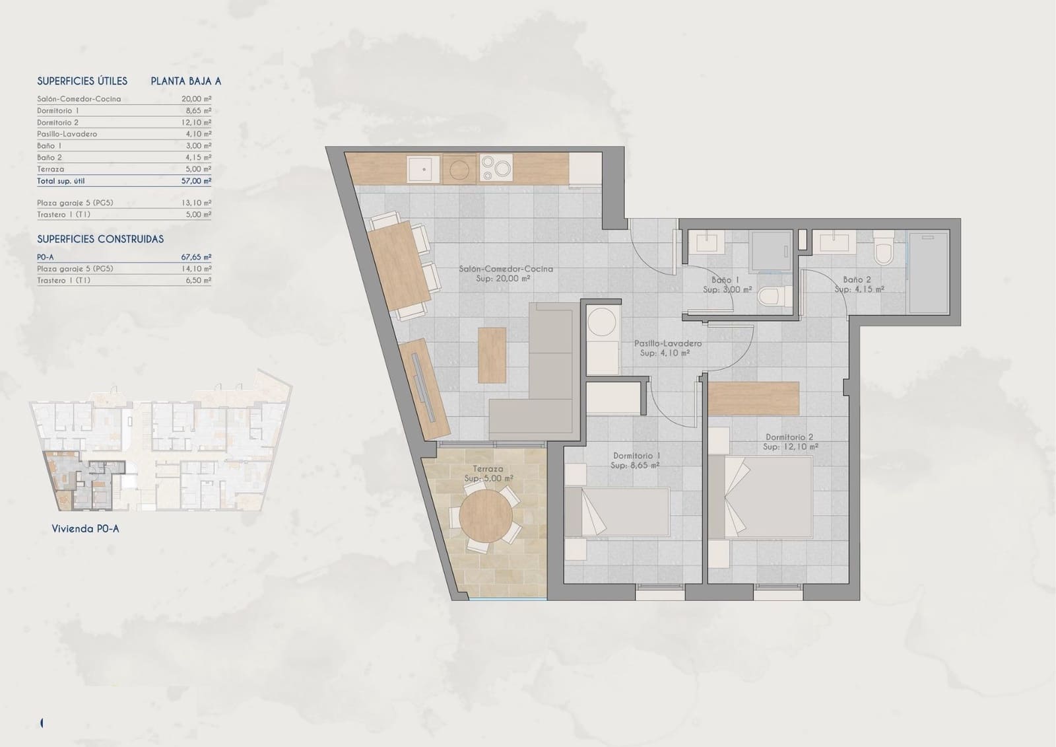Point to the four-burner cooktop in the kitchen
pyautogui.click(x=496, y=168)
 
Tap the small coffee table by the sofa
pyautogui.click(x=492, y=355)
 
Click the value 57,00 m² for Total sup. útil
pyautogui.click(x=198, y=181)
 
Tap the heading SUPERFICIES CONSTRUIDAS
pyautogui.click(x=100, y=239)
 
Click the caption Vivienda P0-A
pyautogui.click(x=85, y=529)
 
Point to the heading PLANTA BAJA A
pyautogui.click(x=185, y=81)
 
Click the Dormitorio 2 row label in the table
pyautogui.click(x=58, y=122)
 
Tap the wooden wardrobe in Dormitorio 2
pyautogui.click(x=754, y=398)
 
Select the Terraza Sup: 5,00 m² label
pyautogui.click(x=488, y=474)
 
